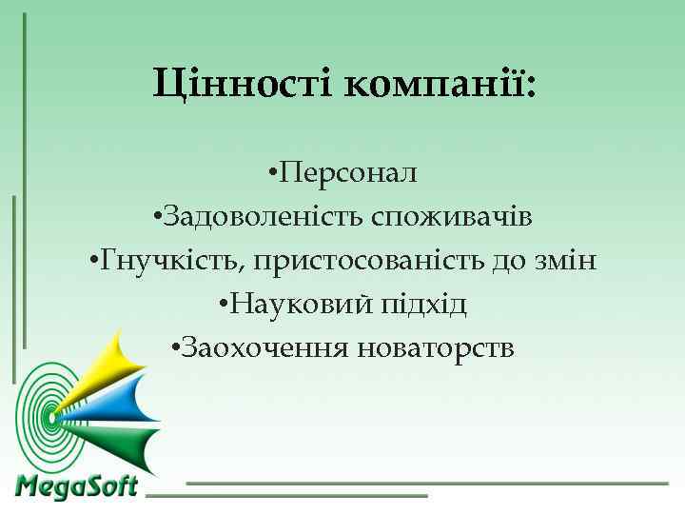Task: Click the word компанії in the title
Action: click(433, 85)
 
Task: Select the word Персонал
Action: click(349, 173)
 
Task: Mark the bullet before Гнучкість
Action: click(93, 262)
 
